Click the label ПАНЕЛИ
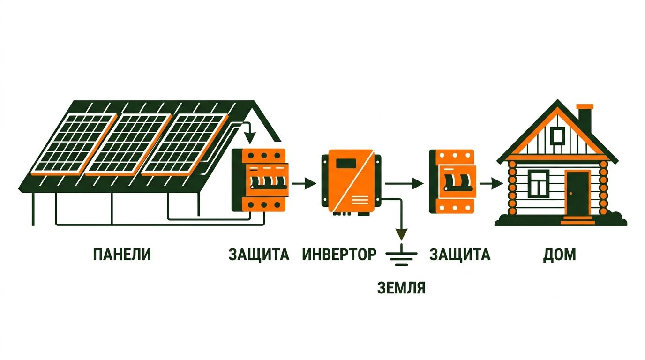pos(122,255)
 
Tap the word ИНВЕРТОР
pos(339,255)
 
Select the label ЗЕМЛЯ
pos(401,287)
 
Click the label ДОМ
pos(560,255)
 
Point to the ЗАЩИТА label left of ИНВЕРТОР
pos(259,255)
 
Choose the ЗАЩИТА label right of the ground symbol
pos(460,255)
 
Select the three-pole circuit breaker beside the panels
pos(260,180)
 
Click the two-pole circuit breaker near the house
pos(453,181)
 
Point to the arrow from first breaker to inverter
pos(304,183)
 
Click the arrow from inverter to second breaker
pos(404,183)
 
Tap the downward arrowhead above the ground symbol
pos(401,234)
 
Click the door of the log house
pos(577,194)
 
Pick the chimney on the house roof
pos(585,118)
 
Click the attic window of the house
pos(558,136)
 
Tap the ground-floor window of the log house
pos(539,183)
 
